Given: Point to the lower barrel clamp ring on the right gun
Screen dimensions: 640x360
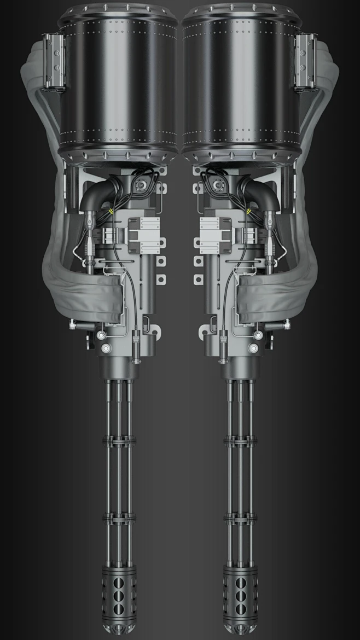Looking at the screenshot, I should (240, 516).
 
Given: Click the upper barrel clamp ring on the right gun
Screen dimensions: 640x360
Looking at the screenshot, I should (240, 440).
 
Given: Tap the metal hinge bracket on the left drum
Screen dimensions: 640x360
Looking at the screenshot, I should (54, 61).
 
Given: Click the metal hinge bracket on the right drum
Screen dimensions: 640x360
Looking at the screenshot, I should (305, 61).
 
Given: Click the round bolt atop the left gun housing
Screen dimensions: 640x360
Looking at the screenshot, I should (142, 185).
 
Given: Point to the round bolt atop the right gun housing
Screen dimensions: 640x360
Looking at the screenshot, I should (218, 185).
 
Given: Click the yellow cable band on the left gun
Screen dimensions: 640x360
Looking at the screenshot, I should (111, 210).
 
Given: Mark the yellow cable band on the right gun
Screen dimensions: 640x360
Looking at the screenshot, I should (249, 210).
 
